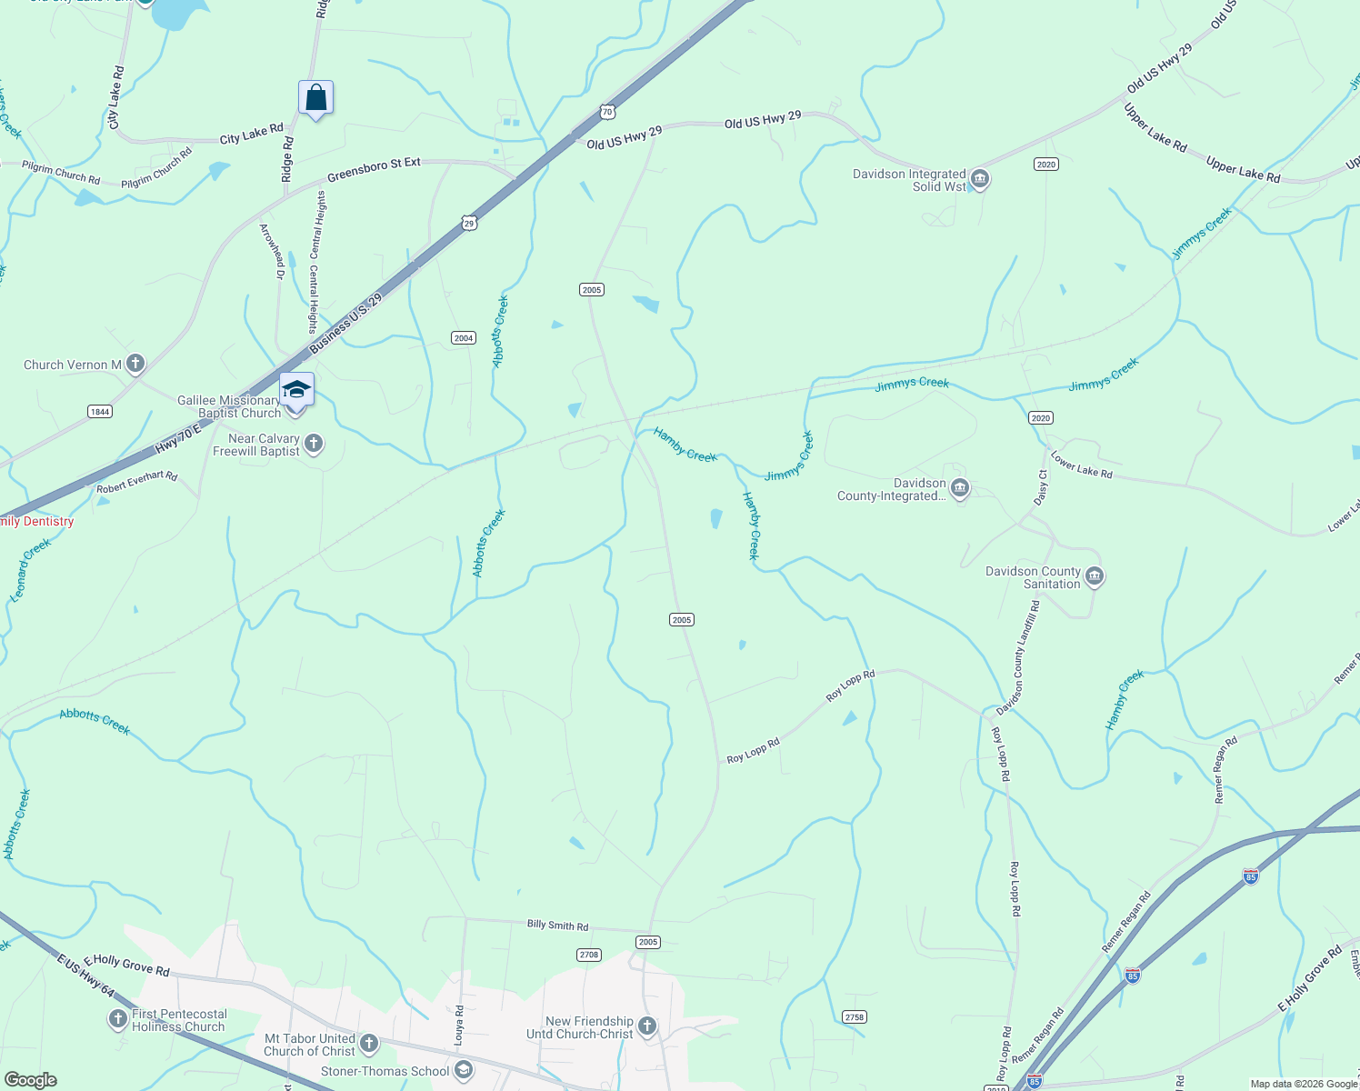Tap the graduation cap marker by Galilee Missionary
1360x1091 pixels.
(296, 390)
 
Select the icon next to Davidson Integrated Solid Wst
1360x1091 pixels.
(980, 179)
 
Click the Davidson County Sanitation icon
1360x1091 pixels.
(1095, 577)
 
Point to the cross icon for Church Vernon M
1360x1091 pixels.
(135, 365)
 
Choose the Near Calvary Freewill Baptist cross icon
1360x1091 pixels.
(313, 444)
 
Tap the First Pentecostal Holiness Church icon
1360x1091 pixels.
(118, 1019)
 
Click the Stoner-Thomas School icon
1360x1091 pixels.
(464, 1071)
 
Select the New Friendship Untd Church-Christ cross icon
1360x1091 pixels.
(646, 1026)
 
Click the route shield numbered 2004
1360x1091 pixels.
(464, 338)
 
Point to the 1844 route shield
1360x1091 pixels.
(100, 412)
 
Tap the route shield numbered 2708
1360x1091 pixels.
(589, 955)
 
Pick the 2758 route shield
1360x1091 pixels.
(855, 1016)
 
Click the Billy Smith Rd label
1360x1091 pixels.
(557, 926)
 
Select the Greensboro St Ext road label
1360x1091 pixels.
(374, 169)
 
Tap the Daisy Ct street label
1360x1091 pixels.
(1042, 487)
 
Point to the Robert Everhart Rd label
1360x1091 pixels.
(137, 482)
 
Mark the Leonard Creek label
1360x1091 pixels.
(31, 571)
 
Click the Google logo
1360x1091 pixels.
(30, 1080)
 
